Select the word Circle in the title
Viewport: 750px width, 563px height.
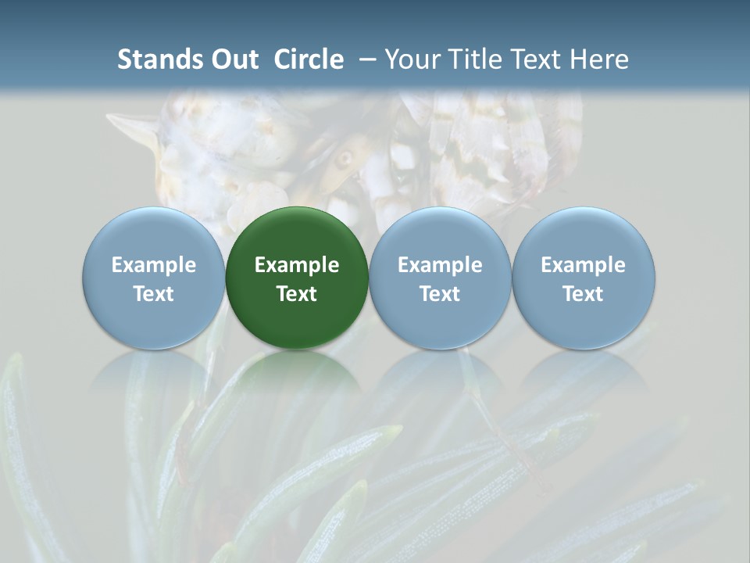click(309, 59)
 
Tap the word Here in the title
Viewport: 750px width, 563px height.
click(600, 59)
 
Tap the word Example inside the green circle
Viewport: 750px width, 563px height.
click(297, 265)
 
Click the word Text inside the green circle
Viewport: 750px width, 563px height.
click(297, 294)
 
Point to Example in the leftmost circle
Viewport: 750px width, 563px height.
click(154, 265)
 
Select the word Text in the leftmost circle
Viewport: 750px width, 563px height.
click(154, 294)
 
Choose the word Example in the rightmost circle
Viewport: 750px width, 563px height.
click(583, 265)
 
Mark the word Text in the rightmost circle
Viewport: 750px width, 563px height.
click(583, 294)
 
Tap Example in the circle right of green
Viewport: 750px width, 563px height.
click(440, 265)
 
